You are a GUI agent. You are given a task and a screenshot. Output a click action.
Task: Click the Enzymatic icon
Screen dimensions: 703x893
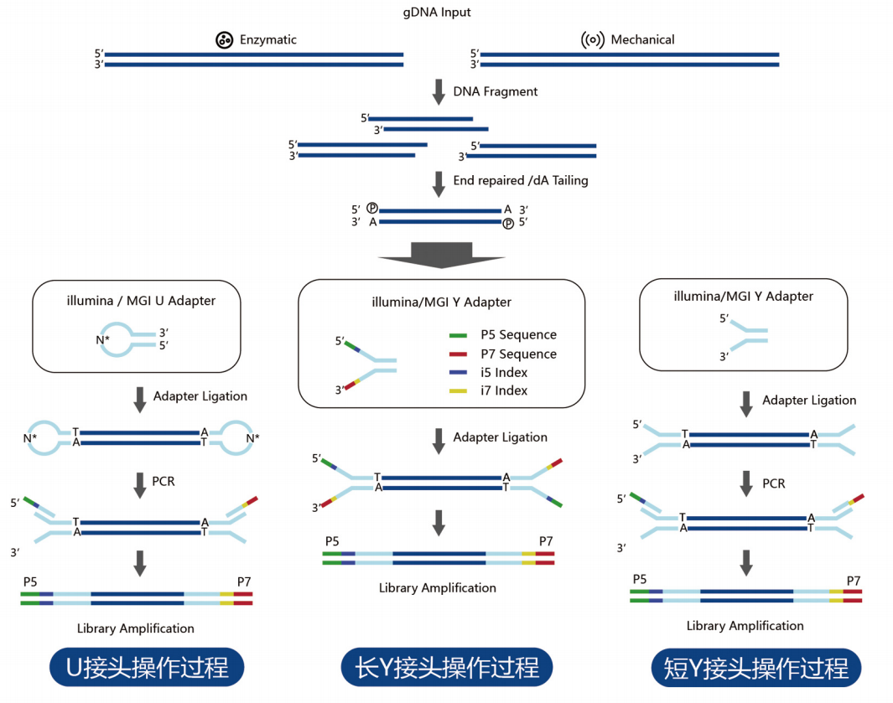[x=224, y=39]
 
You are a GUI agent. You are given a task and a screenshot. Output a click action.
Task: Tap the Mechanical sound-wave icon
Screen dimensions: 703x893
[x=592, y=39]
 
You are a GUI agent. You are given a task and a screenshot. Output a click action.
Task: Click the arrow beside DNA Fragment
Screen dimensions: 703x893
[x=438, y=91]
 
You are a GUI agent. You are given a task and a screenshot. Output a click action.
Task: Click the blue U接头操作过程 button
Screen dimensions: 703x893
[x=147, y=668]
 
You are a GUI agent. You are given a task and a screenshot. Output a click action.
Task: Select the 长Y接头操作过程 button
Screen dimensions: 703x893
[x=447, y=668]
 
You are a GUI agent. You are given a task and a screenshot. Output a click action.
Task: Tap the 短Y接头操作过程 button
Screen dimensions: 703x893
[x=756, y=669]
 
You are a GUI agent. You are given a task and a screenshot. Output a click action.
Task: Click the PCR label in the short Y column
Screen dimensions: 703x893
[x=774, y=483]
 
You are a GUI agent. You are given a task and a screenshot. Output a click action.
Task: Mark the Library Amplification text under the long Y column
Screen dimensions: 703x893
[x=437, y=587]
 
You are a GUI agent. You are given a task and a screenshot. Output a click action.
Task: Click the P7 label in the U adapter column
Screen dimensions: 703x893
[x=244, y=582]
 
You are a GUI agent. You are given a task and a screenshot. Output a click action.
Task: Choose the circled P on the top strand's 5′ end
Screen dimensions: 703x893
[x=372, y=209]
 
